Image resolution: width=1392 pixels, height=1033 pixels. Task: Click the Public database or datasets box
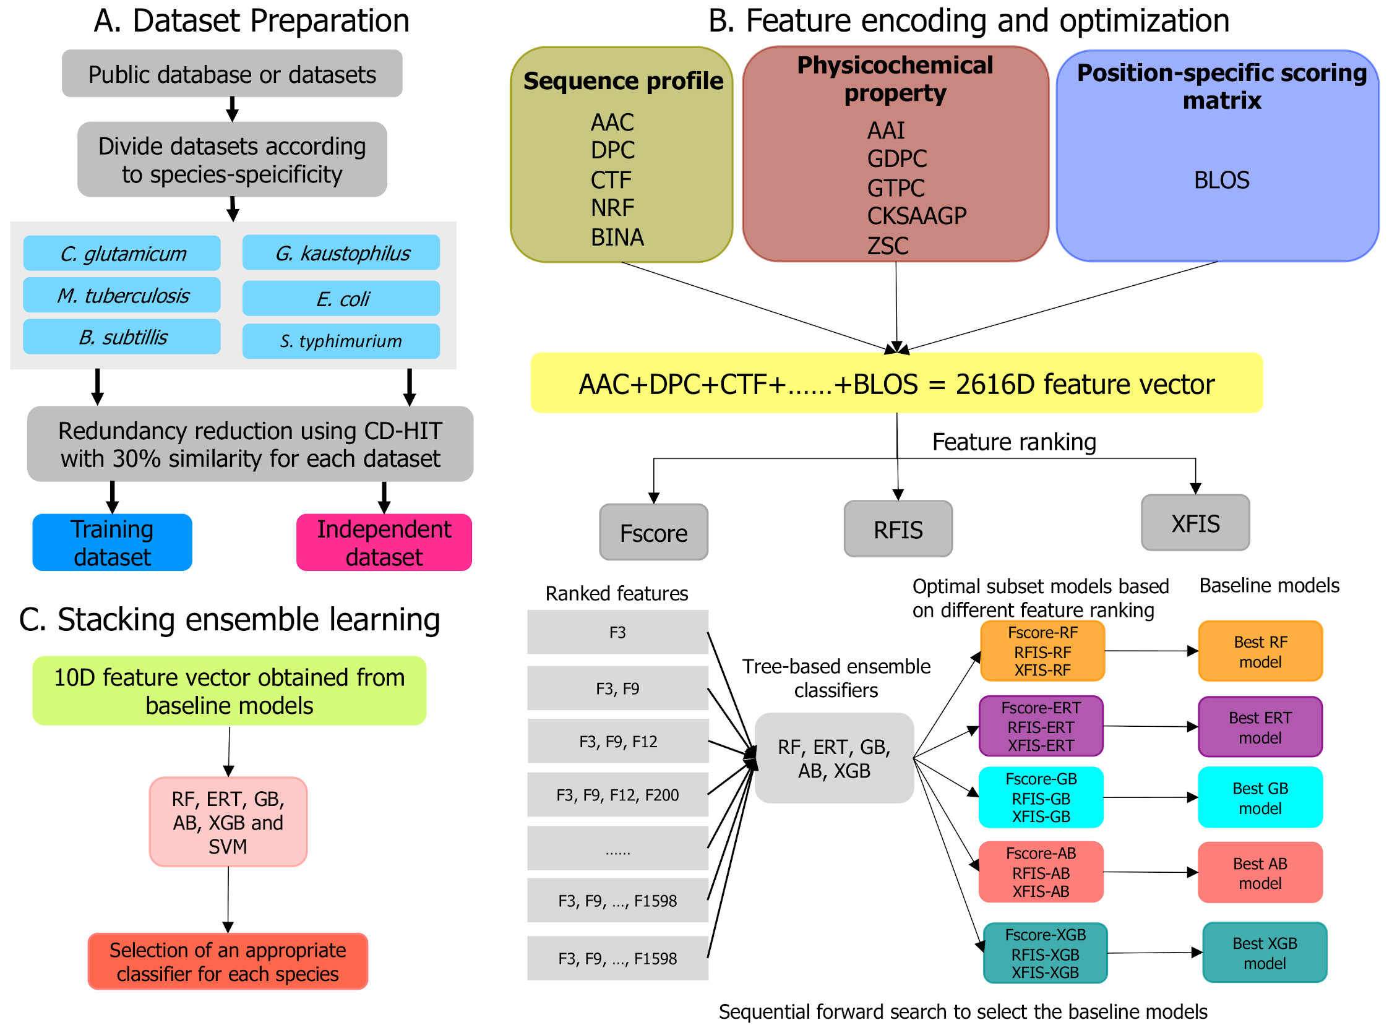coord(232,74)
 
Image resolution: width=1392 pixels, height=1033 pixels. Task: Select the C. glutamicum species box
coord(122,253)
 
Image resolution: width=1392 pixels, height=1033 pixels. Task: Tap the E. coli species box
coord(341,298)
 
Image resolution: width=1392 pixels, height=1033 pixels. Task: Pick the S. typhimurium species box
coord(341,341)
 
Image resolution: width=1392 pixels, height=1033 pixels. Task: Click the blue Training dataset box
coord(112,542)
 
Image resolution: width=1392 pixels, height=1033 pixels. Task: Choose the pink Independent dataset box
coord(384,542)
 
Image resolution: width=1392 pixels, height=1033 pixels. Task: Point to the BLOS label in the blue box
coord(1221,180)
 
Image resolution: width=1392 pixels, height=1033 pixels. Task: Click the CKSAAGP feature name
coord(916,216)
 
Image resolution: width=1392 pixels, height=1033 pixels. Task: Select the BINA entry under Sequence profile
coord(617,238)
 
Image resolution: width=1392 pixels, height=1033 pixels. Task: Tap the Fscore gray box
coord(653,533)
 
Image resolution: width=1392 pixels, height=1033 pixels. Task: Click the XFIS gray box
coord(1195,523)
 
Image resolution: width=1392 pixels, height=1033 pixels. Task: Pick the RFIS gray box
coord(898,529)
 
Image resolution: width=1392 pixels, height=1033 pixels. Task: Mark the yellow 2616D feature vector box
coord(896,384)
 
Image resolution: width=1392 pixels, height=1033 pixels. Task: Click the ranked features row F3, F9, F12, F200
coord(617,795)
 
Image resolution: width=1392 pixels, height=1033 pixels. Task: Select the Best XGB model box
coord(1265,953)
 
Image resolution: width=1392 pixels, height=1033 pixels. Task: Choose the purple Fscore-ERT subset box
coord(1041,727)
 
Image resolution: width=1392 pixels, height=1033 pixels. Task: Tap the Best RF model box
coord(1260,651)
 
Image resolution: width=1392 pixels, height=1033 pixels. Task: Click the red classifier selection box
coord(228,962)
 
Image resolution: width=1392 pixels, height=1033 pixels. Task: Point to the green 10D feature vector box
coord(229,691)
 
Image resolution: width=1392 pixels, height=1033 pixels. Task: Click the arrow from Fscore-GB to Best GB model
coord(1151,798)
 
